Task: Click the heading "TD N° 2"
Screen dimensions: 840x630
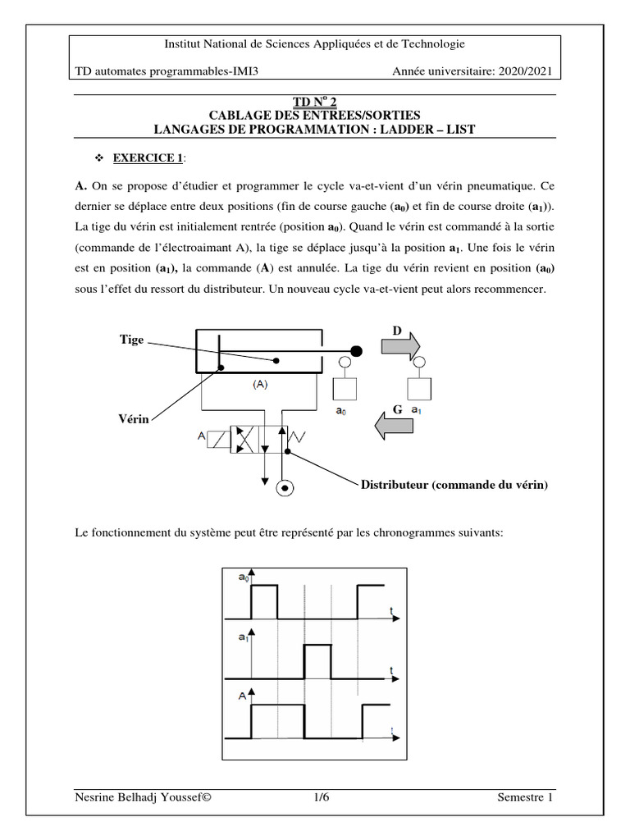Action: [315, 101]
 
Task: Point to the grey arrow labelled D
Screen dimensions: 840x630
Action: [399, 346]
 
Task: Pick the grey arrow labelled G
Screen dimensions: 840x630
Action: [393, 425]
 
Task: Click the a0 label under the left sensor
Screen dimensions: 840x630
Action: [340, 413]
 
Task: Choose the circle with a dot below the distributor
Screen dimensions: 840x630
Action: [285, 489]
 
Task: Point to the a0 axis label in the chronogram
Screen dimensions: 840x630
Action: [243, 578]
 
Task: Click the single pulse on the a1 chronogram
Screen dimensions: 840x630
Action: [317, 661]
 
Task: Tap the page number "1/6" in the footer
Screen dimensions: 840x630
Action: [321, 798]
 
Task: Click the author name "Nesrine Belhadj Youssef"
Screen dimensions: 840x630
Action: [137, 798]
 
